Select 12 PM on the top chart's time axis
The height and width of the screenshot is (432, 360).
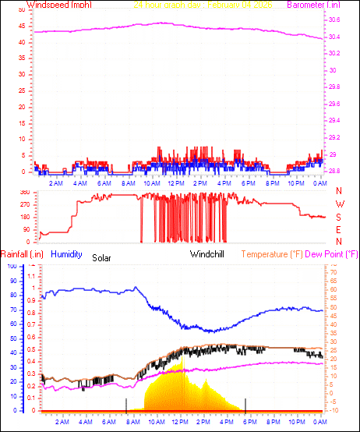coord(176,183)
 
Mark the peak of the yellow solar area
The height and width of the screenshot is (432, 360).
coord(182,361)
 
